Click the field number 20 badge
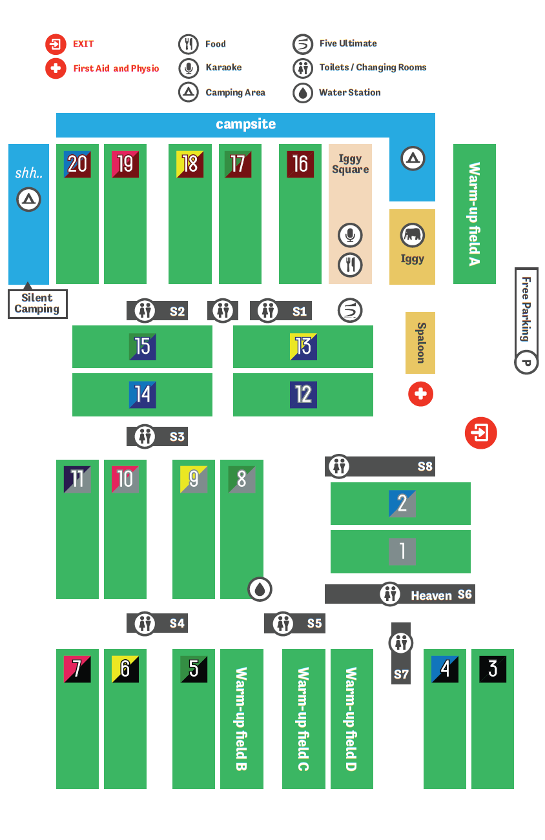coord(77,164)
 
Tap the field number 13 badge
coord(303,347)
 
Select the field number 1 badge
coord(402,551)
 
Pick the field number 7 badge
coord(77,669)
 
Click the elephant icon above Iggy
coord(412,236)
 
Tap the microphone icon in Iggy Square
coord(350,236)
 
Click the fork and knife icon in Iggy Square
coord(350,264)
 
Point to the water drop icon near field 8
coord(260,589)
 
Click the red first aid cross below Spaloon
coord(420,394)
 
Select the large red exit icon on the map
coord(481,433)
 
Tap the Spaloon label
coord(420,343)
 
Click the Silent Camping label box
coord(37,303)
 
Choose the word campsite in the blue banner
coord(245,124)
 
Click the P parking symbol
coord(526,363)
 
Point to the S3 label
coord(177,437)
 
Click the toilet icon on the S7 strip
coord(401,643)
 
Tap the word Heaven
coord(431,595)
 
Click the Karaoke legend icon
coord(188,68)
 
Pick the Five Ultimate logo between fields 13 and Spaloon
coord(350,311)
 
